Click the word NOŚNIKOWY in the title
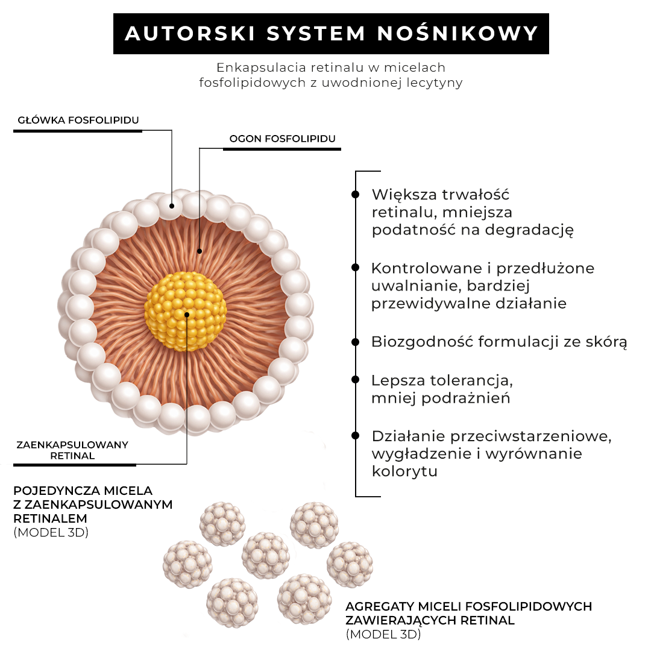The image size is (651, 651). pyautogui.click(x=458, y=34)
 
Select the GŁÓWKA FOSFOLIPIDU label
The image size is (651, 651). pyautogui.click(x=78, y=120)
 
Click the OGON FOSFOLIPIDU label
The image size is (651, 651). pyautogui.click(x=282, y=139)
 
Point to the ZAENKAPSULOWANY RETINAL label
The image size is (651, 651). pyautogui.click(x=72, y=450)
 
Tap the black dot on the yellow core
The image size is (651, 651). pyautogui.click(x=187, y=315)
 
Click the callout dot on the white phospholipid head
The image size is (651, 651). pyautogui.click(x=172, y=206)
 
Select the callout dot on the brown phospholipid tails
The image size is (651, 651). pyautogui.click(x=199, y=250)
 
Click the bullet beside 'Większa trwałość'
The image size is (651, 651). pyautogui.click(x=356, y=195)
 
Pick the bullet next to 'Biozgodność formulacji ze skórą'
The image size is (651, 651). pyautogui.click(x=356, y=342)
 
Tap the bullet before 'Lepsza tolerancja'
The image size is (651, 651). pyautogui.click(x=356, y=380)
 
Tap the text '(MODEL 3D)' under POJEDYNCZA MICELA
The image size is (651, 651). pyautogui.click(x=51, y=532)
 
